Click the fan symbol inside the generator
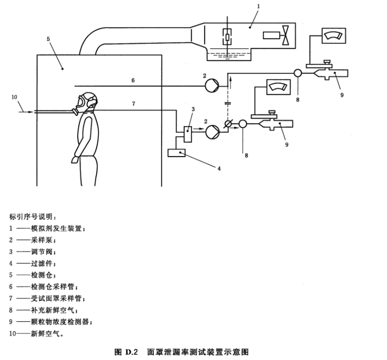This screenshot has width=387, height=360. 286,36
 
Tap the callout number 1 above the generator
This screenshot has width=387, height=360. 258,6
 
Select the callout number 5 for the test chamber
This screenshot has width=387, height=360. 48,39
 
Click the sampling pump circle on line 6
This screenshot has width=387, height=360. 212,86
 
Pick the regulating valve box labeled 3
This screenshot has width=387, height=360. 188,134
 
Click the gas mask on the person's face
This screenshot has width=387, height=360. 79,105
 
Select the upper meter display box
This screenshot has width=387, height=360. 334,36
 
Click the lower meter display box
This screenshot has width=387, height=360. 278,87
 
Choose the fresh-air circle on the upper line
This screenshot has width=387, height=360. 298,73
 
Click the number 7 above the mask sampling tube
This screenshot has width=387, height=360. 134,104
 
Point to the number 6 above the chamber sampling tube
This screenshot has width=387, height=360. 133,80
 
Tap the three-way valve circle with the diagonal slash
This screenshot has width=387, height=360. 228,124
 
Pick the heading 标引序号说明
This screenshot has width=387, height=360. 30,217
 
